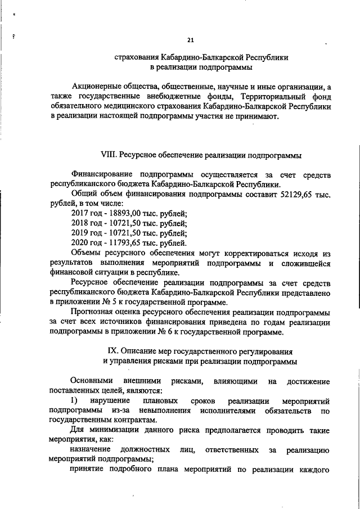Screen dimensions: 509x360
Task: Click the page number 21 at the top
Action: pos(190,40)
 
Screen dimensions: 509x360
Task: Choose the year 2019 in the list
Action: pos(82,233)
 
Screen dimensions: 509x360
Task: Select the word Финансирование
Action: pos(100,174)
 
